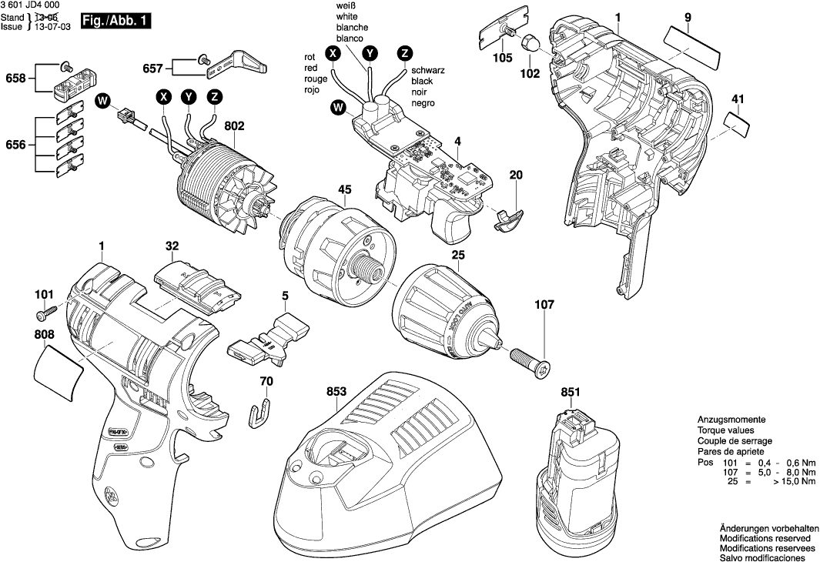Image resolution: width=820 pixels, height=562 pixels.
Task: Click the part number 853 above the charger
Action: coord(335,391)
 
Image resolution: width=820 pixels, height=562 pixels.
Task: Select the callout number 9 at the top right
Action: coord(688,17)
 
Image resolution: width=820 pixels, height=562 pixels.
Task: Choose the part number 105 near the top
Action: coord(503,58)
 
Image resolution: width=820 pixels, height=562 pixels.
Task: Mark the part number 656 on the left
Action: coord(15,145)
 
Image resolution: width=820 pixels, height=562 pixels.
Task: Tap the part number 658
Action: coord(15,78)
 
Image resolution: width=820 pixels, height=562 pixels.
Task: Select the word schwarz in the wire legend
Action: coord(427,70)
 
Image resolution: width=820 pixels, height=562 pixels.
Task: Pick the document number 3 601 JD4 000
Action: coord(32,5)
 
